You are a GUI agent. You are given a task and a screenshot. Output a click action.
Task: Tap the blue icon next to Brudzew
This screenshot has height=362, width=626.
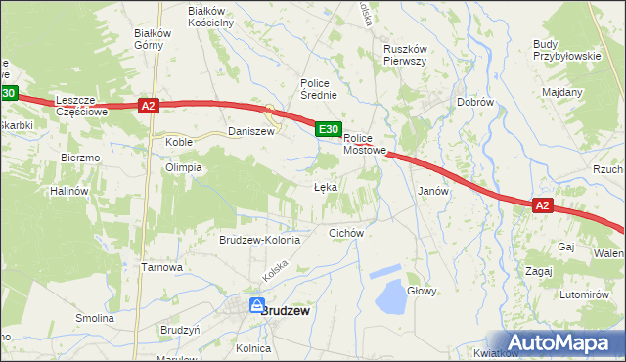click(x=256, y=305)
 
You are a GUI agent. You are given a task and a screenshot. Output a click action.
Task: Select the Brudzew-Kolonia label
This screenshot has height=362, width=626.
click(x=265, y=240)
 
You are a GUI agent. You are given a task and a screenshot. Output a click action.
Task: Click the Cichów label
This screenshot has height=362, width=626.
click(x=346, y=233)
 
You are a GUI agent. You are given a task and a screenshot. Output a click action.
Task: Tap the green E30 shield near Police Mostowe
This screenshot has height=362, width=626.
click(x=328, y=128)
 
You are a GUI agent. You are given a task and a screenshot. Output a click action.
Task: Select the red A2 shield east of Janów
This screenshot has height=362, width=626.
click(x=544, y=205)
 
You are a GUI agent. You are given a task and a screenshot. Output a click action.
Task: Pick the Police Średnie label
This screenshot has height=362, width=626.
click(x=319, y=89)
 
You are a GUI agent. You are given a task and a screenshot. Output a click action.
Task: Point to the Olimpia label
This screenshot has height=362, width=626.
click(x=184, y=167)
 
